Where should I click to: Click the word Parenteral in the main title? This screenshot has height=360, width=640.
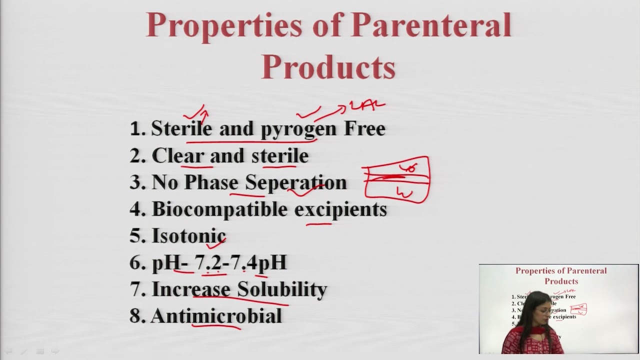pos(431,25)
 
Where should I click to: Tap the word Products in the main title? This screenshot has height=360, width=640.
pos(328,66)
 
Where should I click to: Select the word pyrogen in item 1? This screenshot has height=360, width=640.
pos(298,129)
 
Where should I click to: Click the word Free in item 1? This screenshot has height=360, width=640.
pos(364,128)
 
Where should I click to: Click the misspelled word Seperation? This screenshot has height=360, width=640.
pos(295,182)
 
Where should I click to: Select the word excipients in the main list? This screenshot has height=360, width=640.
pos(340,209)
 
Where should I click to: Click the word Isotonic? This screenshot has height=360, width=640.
pos(188,235)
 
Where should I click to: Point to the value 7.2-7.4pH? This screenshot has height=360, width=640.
pos(240,262)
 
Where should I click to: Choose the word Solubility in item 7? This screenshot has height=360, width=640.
pos(281,289)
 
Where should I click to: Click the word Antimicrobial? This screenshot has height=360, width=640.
pos(216,316)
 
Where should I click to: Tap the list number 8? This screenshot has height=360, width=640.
pos(136,316)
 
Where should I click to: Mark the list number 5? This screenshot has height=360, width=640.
pos(136,235)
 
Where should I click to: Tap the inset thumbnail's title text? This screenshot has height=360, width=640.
pos(561,276)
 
